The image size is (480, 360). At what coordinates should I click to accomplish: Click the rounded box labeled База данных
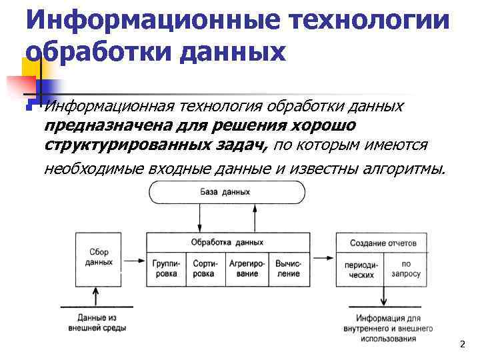(x=227, y=192)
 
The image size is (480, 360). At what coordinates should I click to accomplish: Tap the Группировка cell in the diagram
(x=165, y=269)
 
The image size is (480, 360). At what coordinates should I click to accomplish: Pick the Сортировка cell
(x=204, y=269)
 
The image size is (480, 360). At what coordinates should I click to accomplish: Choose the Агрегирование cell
(x=247, y=269)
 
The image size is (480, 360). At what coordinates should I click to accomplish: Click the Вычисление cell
(x=289, y=269)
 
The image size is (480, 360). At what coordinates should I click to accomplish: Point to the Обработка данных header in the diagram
(x=227, y=243)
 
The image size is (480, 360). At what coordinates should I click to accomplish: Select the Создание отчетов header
(x=383, y=243)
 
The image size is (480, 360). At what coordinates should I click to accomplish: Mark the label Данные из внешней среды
(x=97, y=323)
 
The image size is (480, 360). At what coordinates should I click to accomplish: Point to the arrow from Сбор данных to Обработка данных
(x=133, y=257)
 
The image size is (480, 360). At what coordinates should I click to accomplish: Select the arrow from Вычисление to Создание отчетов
(x=323, y=257)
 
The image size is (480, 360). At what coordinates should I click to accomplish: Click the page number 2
(x=461, y=345)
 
